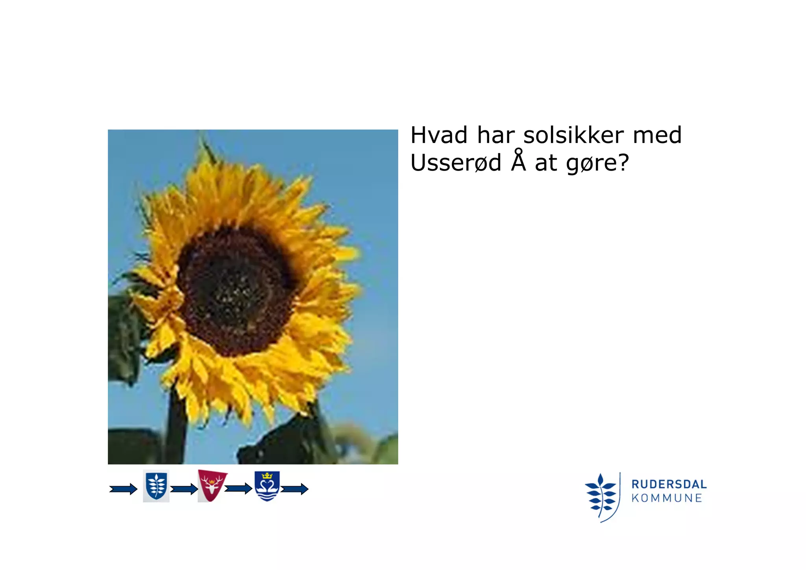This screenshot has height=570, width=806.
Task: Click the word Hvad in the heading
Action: tap(439, 135)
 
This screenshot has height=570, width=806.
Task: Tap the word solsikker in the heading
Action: tap(573, 135)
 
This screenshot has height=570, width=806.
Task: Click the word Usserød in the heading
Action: tap(455, 163)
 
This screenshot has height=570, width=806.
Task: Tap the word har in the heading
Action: tap(495, 135)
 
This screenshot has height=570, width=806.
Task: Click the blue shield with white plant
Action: tap(156, 486)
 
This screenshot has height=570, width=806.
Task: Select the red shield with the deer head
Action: tap(212, 485)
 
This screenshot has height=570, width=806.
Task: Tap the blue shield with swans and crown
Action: tap(267, 486)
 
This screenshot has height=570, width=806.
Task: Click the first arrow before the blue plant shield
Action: tap(123, 489)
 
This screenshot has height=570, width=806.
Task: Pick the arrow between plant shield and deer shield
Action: tap(184, 489)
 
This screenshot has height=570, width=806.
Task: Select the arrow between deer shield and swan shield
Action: tap(238, 489)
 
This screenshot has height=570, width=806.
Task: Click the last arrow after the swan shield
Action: tap(294, 489)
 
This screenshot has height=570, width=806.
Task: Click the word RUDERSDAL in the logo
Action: tap(669, 484)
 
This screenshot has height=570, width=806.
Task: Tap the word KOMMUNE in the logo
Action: tap(667, 498)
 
